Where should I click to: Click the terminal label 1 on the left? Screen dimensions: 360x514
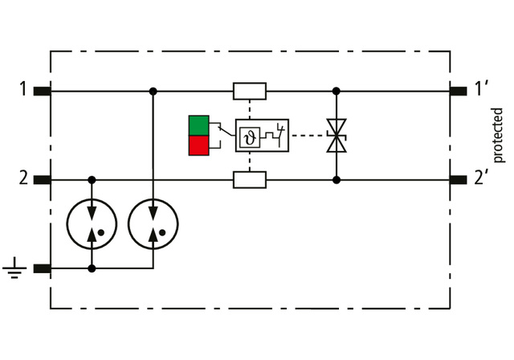point(23,88)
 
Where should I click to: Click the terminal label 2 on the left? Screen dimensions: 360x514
point(23,178)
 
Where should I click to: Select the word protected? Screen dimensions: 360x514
point(498,134)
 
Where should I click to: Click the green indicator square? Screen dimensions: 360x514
point(198,125)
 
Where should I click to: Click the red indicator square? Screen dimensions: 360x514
point(198,145)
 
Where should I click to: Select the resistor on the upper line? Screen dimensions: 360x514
point(249,91)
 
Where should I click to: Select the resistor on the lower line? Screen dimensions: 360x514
point(249,180)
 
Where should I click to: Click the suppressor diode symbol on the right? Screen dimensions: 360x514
point(336,135)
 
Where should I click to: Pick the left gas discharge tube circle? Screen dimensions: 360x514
point(92,224)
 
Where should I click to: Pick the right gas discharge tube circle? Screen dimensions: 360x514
point(153,224)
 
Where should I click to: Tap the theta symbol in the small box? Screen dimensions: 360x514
point(248,135)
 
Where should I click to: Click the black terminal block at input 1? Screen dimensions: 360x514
point(43,91)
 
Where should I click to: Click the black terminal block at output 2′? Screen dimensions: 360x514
point(459,180)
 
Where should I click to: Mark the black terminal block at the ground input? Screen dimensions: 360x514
point(43,268)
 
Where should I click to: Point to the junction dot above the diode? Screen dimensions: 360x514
point(336,91)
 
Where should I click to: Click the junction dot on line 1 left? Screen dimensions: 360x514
point(153,91)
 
